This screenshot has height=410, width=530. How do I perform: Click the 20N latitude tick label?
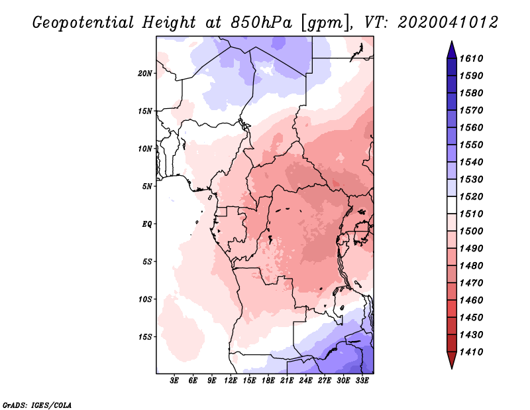click(145, 73)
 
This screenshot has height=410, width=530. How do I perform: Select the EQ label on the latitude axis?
click(147, 224)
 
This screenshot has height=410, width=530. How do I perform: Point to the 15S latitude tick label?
click(145, 336)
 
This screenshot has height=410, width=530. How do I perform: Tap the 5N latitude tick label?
click(147, 186)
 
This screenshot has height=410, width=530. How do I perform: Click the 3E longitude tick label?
click(175, 381)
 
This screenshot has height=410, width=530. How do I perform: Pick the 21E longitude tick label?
click(287, 381)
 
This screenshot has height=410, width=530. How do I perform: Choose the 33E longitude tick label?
click(362, 381)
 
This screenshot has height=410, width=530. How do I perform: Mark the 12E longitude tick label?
click(231, 381)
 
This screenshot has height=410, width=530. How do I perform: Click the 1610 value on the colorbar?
click(473, 58)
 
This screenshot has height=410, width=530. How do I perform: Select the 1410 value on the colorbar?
click(473, 352)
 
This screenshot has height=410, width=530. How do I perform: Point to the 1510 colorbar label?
click(473, 214)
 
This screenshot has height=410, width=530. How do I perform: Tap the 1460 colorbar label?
click(473, 300)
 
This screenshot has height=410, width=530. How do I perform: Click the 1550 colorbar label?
click(473, 145)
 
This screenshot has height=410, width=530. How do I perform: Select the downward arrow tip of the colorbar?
click(450, 366)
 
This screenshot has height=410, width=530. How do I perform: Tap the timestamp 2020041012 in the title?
click(447, 23)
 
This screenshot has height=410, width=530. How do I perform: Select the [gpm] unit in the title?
click(323, 23)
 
